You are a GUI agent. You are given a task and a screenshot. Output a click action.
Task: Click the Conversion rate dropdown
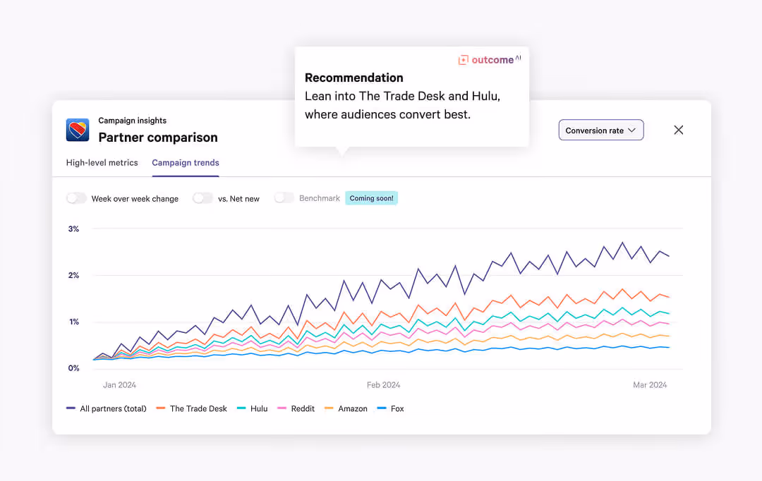(600, 130)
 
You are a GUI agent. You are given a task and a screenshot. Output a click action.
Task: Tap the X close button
(679, 130)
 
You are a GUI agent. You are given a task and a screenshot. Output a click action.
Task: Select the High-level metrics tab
(102, 163)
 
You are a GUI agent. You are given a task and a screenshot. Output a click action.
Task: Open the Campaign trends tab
(186, 163)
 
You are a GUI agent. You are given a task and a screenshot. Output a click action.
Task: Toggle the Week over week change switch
(76, 198)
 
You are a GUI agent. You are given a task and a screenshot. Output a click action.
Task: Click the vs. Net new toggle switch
(202, 198)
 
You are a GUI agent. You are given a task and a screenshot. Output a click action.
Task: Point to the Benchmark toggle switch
(284, 198)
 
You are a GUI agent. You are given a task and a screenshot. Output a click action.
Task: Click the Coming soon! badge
(371, 198)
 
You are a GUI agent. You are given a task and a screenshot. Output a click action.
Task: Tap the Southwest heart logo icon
(78, 130)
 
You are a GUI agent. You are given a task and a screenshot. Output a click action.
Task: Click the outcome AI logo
(489, 60)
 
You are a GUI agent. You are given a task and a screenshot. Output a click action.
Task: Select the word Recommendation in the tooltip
(354, 78)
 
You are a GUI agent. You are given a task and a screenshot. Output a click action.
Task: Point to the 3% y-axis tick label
(73, 229)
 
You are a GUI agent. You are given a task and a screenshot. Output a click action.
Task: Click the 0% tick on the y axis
(73, 368)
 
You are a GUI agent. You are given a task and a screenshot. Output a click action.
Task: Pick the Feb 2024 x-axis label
(383, 385)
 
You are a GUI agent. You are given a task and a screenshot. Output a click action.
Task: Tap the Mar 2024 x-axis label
(648, 385)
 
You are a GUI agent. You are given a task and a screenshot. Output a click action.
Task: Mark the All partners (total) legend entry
(107, 408)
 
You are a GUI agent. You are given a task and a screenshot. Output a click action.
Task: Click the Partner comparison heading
(158, 138)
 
